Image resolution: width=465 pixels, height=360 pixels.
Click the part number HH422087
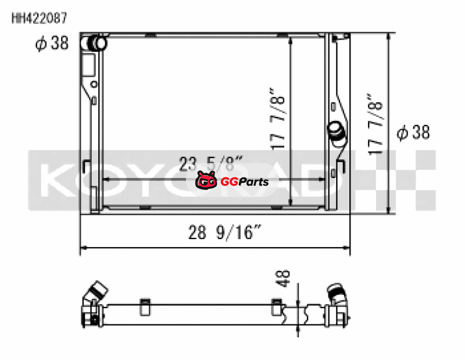[40, 19]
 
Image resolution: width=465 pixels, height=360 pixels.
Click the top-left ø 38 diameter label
[52, 43]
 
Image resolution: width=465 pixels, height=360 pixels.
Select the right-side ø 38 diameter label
[413, 132]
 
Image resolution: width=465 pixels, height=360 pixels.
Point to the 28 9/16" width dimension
[224, 232]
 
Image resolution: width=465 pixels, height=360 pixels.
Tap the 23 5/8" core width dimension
[210, 163]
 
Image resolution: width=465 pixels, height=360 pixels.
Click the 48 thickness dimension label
[283, 279]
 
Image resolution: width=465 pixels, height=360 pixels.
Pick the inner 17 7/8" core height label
[277, 118]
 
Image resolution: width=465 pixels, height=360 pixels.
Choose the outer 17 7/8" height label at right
[375, 124]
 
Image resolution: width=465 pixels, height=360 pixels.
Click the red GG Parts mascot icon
[206, 180]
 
